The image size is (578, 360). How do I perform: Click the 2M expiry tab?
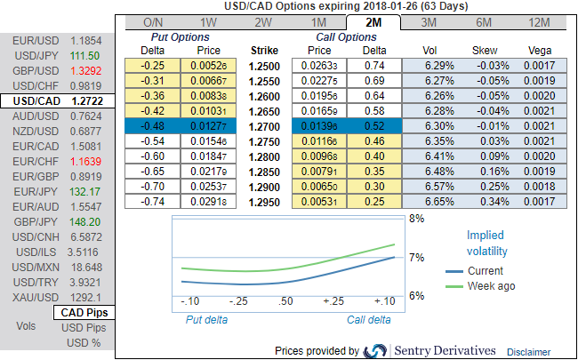373,21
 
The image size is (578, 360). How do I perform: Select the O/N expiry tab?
152,21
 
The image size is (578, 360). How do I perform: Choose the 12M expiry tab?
538,21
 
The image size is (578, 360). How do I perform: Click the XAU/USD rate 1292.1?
85,297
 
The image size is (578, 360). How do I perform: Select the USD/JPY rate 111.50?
85,55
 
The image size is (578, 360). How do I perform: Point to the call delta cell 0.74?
374,66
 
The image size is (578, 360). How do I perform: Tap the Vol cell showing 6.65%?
432,202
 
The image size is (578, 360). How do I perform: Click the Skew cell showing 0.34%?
486,202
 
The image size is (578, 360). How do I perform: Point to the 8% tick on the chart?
414,218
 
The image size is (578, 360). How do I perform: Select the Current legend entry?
485,270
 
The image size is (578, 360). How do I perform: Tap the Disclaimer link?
529,352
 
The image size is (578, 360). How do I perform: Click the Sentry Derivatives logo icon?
376,350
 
